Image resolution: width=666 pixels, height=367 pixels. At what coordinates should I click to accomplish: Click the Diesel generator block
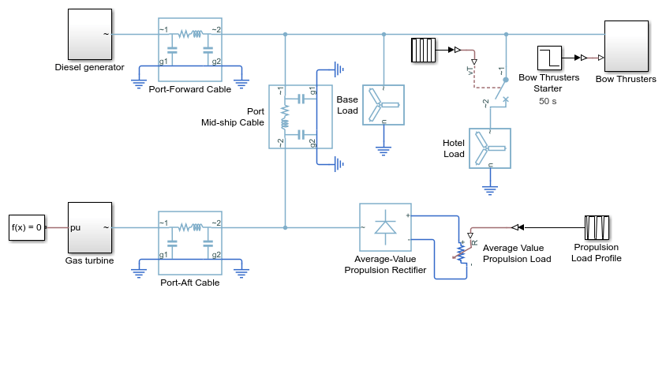tap(90, 35)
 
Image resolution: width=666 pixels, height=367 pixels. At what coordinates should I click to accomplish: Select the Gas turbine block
tap(90, 227)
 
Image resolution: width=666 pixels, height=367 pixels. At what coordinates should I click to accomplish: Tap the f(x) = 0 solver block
tap(27, 227)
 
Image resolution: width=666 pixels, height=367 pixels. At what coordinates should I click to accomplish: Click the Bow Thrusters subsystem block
tap(627, 46)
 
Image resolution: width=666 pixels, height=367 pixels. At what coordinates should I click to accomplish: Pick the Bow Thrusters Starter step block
tap(550, 58)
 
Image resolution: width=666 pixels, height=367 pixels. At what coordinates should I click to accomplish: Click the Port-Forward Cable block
tap(190, 50)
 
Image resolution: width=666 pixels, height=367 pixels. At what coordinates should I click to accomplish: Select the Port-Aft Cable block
tap(190, 243)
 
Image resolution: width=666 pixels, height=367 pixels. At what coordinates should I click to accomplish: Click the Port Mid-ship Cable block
tap(301, 117)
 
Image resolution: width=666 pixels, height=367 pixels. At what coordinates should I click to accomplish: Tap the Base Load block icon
tap(384, 105)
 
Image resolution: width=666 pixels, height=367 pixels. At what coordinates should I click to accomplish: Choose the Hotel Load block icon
tap(490, 148)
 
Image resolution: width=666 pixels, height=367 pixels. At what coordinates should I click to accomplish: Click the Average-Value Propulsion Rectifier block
tap(385, 227)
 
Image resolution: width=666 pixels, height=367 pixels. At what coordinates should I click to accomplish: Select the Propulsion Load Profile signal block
tap(597, 227)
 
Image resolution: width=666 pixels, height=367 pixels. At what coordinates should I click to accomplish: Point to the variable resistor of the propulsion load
tap(462, 251)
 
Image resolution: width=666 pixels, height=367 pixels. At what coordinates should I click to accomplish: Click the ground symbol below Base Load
tap(384, 152)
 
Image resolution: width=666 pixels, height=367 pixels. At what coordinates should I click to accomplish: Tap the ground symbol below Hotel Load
tap(490, 190)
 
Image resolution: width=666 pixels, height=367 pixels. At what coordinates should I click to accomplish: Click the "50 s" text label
tap(548, 101)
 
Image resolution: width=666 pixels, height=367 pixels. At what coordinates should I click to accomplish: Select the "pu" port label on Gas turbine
tap(75, 227)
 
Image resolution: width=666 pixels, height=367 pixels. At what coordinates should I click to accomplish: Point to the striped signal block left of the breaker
tap(424, 51)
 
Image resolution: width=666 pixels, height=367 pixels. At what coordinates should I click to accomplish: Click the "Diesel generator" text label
tap(90, 67)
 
